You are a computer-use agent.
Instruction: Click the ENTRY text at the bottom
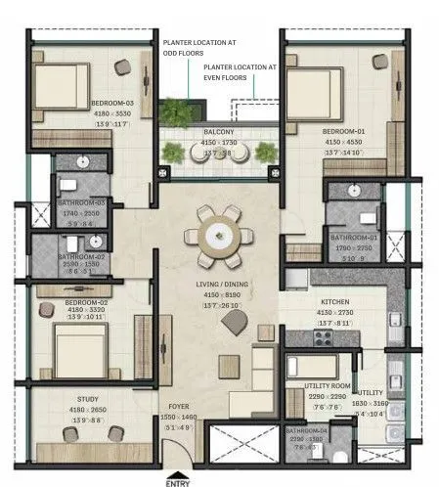point(177,481)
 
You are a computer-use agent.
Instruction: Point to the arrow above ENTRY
point(177,467)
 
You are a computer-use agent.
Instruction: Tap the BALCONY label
point(219,132)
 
